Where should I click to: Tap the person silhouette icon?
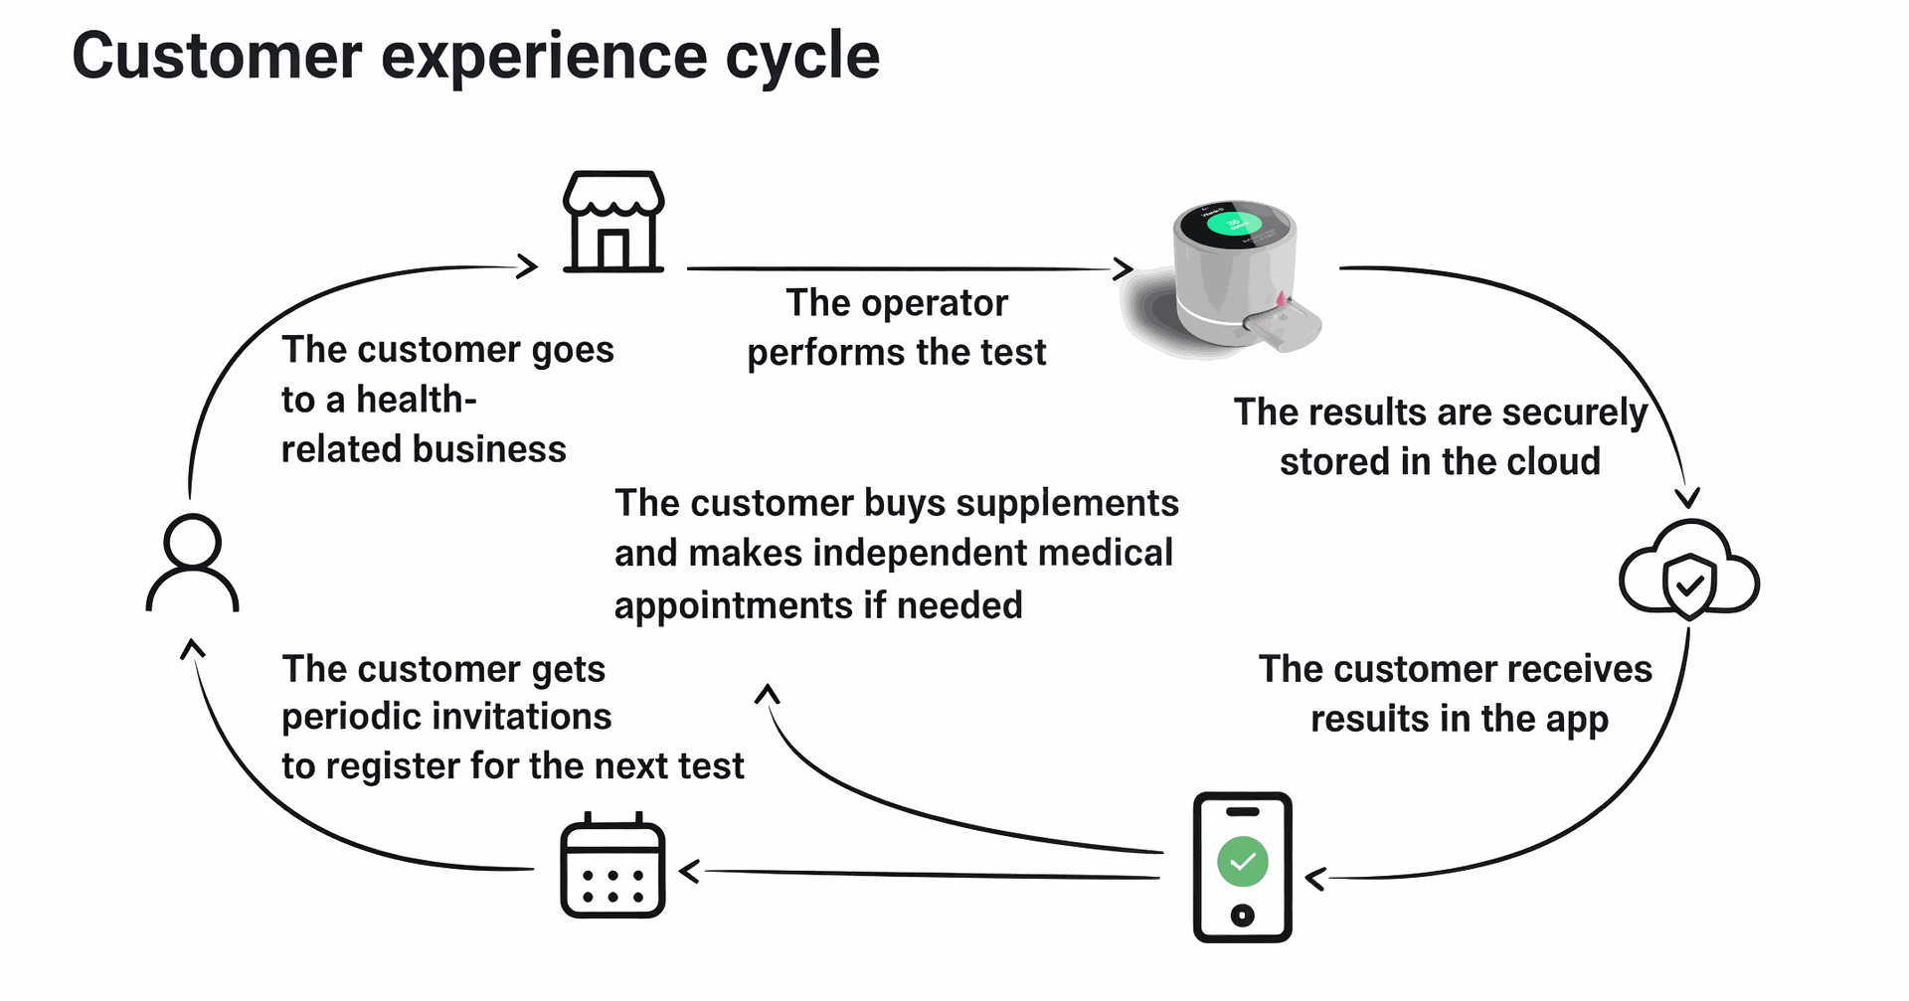tap(192, 562)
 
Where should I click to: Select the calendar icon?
tap(612, 866)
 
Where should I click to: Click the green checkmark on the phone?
tap(1242, 862)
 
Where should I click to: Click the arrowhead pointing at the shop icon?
tap(528, 265)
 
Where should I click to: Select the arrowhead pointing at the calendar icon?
tap(689, 872)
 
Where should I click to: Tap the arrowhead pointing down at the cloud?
tap(1687, 497)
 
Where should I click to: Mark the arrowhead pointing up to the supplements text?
tap(767, 694)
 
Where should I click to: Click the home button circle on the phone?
tap(1242, 915)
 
